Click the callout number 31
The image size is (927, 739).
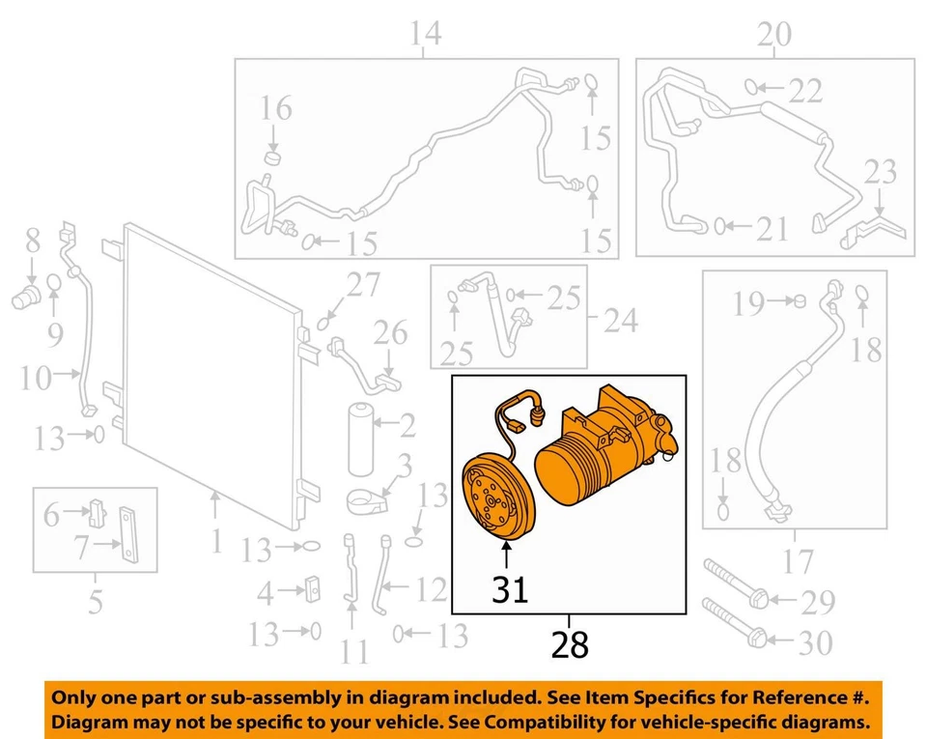tap(510, 588)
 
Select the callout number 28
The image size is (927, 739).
tap(570, 644)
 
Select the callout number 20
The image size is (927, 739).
tap(773, 35)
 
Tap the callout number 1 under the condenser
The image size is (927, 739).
tap(216, 541)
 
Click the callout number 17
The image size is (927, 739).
tap(797, 559)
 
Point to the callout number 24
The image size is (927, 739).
tap(621, 320)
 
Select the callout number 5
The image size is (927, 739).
tap(95, 602)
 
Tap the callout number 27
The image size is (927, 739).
tap(364, 286)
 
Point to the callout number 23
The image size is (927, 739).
tap(880, 174)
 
